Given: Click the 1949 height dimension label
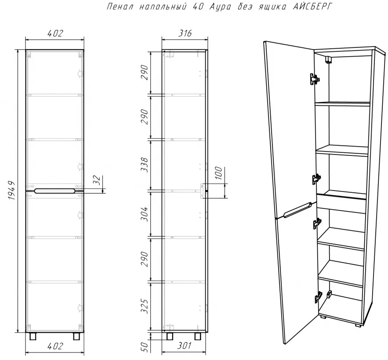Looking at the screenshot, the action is click(x=11, y=191).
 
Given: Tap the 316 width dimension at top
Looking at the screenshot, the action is click(x=185, y=33).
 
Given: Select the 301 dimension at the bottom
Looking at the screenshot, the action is click(x=185, y=346).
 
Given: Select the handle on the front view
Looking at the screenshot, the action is click(x=54, y=191).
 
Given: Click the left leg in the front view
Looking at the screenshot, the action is click(x=33, y=336).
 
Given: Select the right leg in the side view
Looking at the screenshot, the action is click(x=198, y=336).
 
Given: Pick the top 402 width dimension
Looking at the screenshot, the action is click(x=55, y=33).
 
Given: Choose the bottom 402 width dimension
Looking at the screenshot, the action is click(x=55, y=346).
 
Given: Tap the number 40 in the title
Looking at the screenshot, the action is click(x=198, y=7).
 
